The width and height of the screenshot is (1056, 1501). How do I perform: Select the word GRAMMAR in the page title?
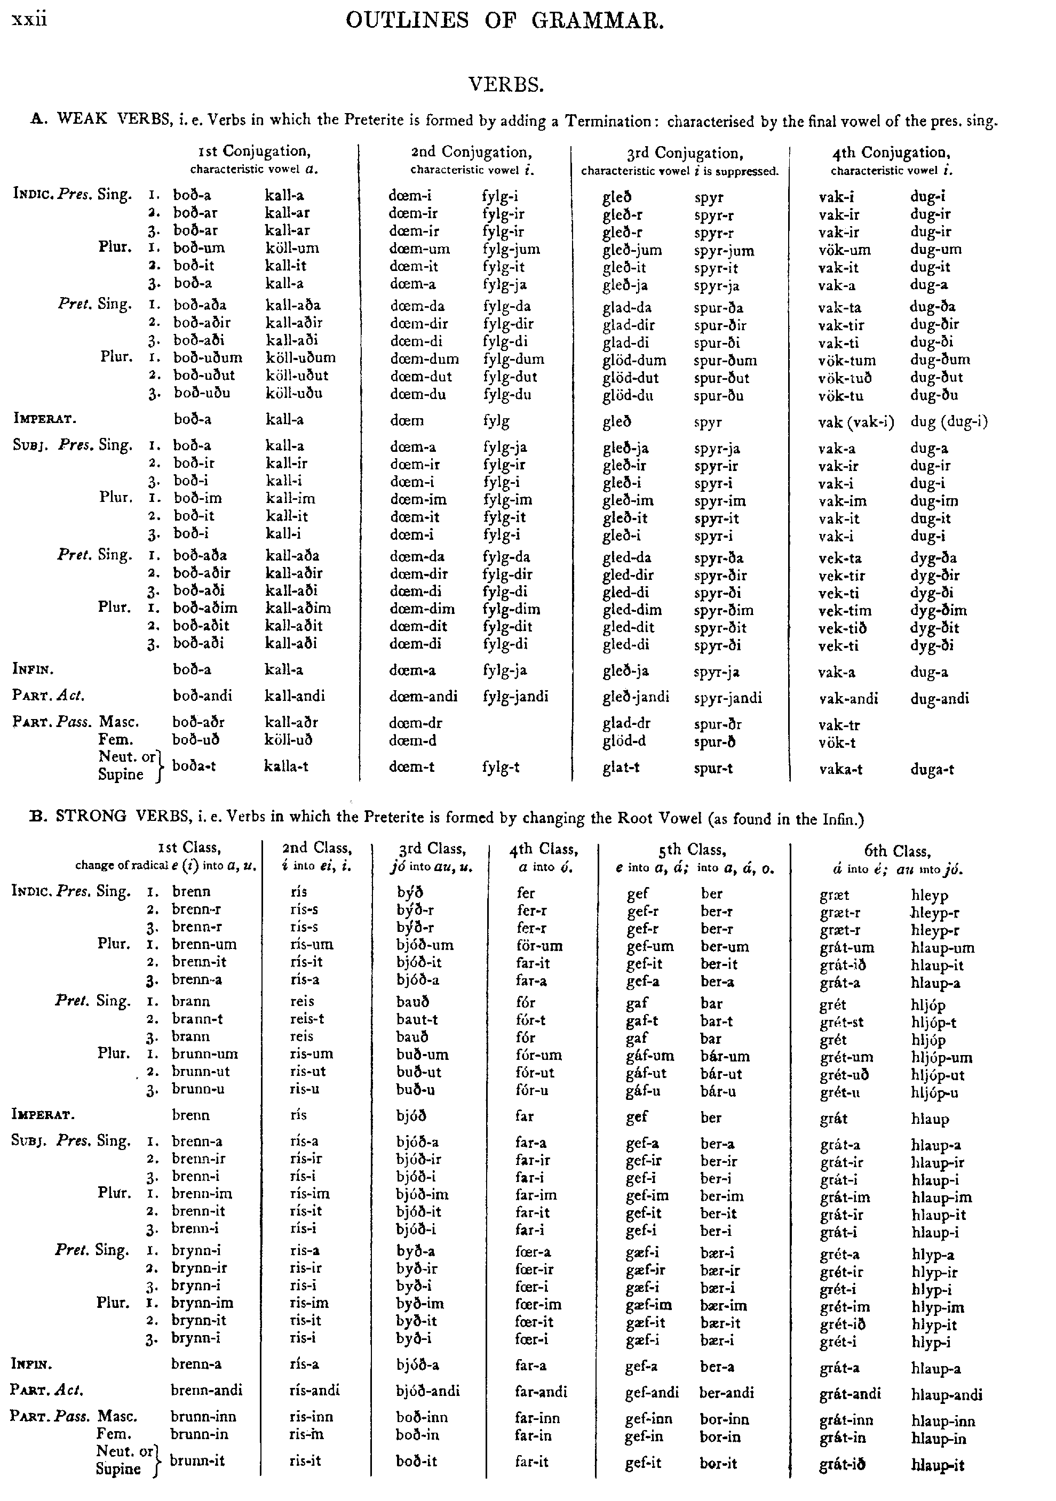[x=597, y=21]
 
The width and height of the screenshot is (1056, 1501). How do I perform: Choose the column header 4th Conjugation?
[x=891, y=153]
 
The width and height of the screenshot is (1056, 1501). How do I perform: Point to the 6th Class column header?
[x=897, y=851]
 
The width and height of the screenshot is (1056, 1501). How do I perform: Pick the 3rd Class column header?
[x=432, y=849]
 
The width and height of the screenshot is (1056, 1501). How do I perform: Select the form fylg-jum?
[x=511, y=249]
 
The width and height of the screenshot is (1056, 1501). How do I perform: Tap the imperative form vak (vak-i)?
[x=856, y=422]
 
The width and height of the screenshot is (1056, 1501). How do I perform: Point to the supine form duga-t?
[x=932, y=770]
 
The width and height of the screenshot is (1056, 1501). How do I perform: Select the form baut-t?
[x=417, y=1019]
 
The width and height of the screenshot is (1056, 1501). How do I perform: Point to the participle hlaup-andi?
[x=947, y=1394]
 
